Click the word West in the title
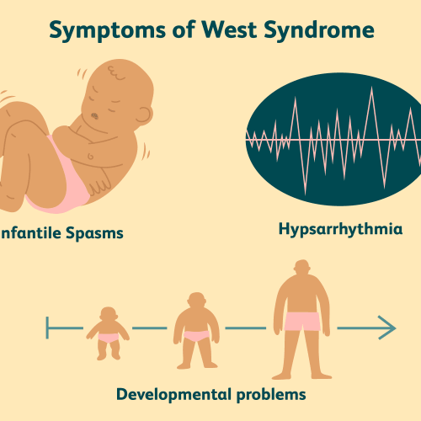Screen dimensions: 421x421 (229, 29)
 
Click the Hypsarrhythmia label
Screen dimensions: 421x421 (340, 229)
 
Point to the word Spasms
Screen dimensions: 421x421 (94, 233)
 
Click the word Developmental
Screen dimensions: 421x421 (173, 395)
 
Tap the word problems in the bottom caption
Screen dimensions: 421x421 (271, 395)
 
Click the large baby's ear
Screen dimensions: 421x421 (144, 115)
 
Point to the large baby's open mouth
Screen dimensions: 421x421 (94, 116)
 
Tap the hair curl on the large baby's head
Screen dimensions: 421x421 (115, 73)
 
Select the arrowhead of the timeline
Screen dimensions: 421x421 (387, 328)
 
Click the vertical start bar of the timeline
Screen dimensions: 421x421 (47, 328)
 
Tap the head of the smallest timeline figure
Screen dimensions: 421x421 (109, 314)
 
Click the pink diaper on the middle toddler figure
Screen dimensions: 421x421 (196, 336)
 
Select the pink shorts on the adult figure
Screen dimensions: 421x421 (302, 322)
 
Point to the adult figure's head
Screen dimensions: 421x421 (302, 267)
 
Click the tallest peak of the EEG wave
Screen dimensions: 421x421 (372, 88)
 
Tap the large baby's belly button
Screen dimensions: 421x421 (91, 156)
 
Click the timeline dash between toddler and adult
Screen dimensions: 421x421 (246, 328)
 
